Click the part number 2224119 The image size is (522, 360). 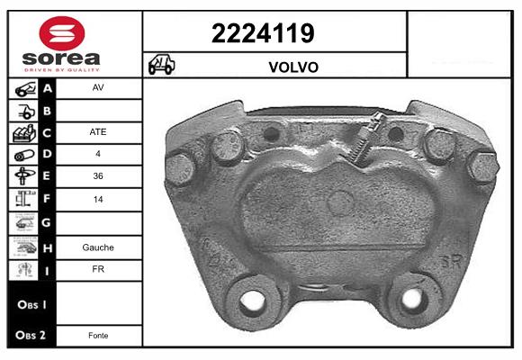263,33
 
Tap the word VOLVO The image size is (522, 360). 293,67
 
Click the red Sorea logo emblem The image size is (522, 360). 62,33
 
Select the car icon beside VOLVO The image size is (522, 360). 161,64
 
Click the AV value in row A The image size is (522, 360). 98,87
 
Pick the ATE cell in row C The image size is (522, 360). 98,132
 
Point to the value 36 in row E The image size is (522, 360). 98,175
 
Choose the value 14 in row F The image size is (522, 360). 98,199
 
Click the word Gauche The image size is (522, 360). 98,247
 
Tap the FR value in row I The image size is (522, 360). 98,269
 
